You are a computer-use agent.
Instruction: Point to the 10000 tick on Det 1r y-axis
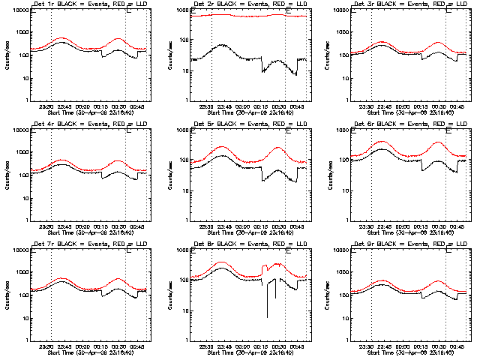[19, 10]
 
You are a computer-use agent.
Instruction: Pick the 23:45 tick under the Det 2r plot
[223, 106]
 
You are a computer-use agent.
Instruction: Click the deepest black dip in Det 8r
[267, 319]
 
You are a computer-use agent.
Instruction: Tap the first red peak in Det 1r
[62, 37]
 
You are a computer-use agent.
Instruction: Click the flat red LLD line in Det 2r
[240, 16]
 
